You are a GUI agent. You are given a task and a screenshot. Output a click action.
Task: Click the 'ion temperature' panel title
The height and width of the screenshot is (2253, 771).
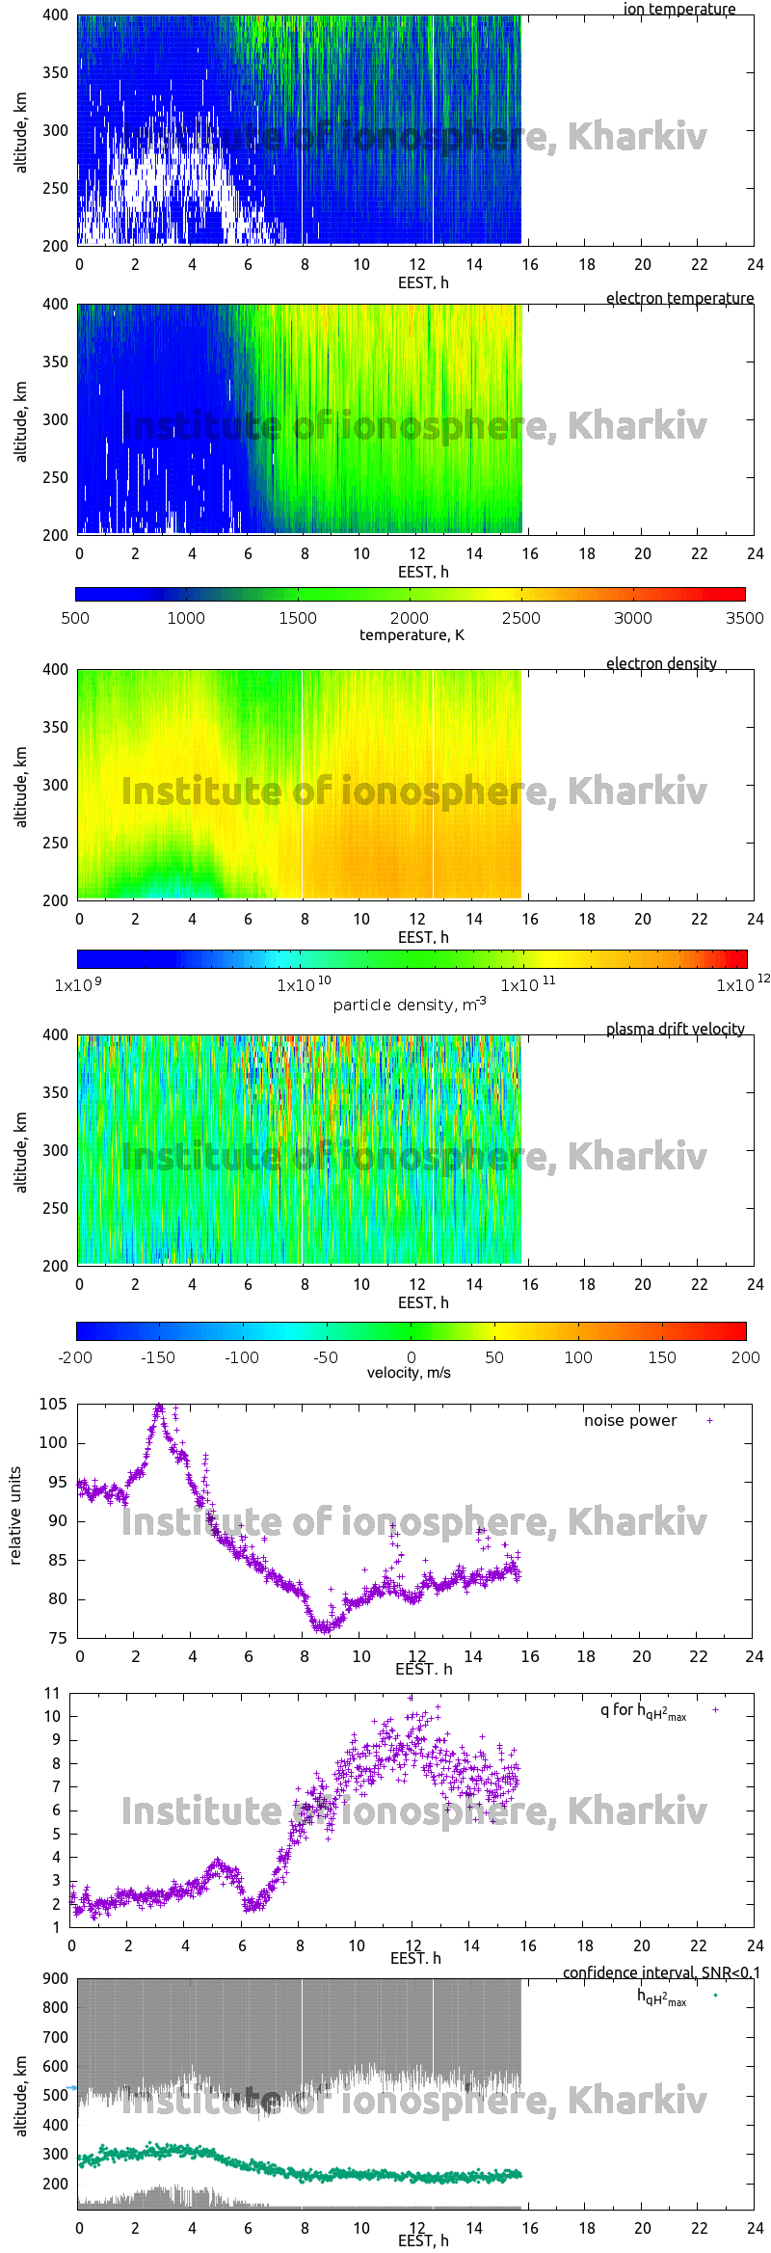(x=679, y=9)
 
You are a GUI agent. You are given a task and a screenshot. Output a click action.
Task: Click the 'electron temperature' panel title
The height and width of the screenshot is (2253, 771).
(x=679, y=298)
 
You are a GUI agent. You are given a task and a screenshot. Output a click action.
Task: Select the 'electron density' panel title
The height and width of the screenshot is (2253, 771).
(x=661, y=663)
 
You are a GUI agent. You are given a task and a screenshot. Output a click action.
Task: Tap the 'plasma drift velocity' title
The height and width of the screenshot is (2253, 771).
(x=675, y=1029)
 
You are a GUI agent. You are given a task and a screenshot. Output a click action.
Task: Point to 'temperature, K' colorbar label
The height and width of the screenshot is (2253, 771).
(x=412, y=634)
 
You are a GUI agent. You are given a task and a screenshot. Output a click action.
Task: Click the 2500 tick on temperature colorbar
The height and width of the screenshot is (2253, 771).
(x=521, y=618)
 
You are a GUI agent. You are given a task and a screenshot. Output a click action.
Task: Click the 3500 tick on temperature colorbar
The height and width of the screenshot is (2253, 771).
(x=744, y=618)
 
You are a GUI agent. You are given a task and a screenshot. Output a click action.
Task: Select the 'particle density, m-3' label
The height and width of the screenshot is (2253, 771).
(x=410, y=1005)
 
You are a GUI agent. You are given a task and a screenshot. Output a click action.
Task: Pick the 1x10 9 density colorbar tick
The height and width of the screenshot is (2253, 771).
(x=78, y=985)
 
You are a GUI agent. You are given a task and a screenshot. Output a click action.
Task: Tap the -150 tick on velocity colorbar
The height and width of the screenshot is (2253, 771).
(x=158, y=1357)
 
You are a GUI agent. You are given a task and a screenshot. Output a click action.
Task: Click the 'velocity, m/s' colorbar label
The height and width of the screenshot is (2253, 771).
(x=409, y=1372)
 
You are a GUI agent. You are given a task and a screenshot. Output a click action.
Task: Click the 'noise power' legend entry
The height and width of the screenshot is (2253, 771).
(x=630, y=1420)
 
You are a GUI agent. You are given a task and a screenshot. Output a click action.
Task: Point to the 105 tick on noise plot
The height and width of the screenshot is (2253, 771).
(x=54, y=1404)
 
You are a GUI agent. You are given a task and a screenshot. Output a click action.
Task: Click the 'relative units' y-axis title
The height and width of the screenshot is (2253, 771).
(x=15, y=1515)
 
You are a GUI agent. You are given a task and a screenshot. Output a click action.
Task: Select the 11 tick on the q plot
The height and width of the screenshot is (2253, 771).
(x=52, y=1693)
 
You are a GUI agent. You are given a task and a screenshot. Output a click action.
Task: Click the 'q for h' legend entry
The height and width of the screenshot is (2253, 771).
(x=643, y=1710)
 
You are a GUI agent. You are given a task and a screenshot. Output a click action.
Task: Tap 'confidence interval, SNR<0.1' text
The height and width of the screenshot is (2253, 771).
(x=661, y=1972)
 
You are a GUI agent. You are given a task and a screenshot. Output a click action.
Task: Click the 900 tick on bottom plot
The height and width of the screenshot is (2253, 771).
(x=56, y=1978)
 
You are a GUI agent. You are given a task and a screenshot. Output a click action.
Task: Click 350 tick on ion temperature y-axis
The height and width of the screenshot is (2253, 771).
(x=55, y=72)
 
